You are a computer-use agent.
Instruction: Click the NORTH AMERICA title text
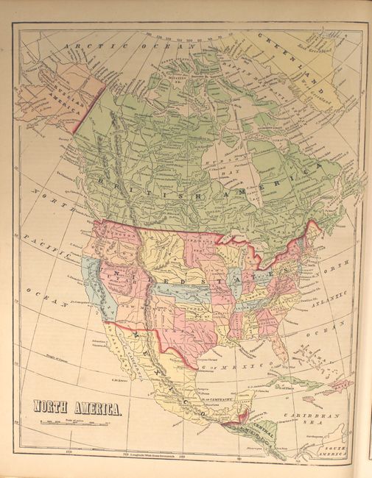click(x=76, y=407)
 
